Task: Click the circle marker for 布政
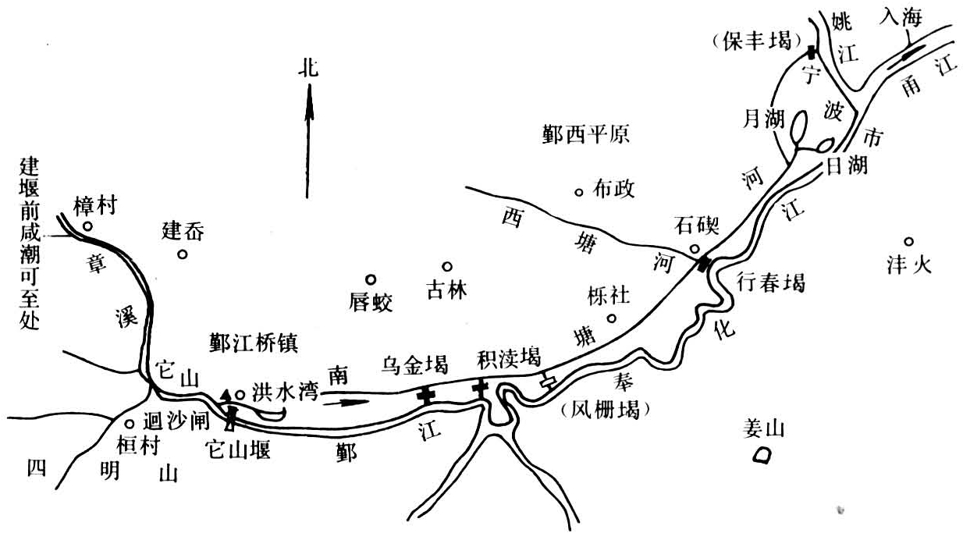[x=578, y=191]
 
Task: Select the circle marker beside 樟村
[x=88, y=226]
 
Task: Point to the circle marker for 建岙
[x=182, y=253]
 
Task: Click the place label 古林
[x=447, y=291]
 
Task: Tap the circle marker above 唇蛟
[x=371, y=279]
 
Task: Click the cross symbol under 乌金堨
[x=425, y=395]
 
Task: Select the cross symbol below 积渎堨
[x=480, y=388]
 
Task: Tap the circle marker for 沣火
[x=908, y=241]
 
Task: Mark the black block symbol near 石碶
[x=705, y=264]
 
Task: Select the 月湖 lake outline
[x=799, y=126]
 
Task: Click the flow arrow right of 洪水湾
[x=344, y=402]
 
